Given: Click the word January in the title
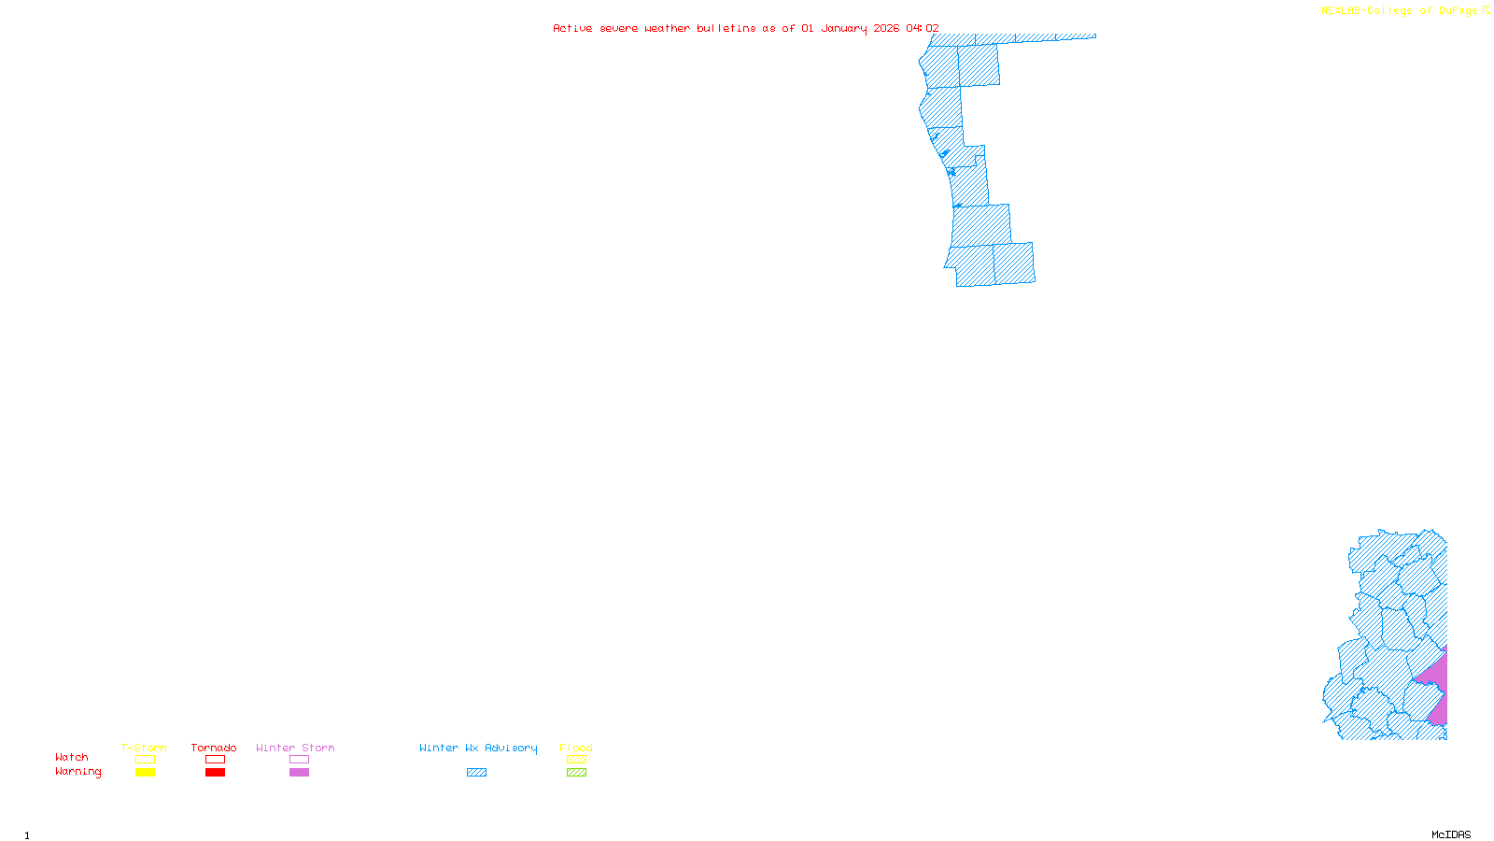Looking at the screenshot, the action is pos(844,29).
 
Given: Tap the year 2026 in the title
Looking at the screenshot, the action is pos(886,29).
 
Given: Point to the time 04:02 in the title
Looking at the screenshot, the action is pos(923,29).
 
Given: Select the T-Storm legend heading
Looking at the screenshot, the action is pos(144,748).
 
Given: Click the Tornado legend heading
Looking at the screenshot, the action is pos(214,748).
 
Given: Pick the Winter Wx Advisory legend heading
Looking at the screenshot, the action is pos(478,748).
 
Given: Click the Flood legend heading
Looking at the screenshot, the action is pos(576,748).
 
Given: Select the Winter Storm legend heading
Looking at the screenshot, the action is pos(295,748).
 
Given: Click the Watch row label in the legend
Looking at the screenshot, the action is pos(72,757).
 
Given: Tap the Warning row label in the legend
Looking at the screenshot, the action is pos(78,772).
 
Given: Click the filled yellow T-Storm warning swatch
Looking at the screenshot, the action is pos(145,773).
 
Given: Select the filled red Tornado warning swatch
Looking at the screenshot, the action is pos(215,773).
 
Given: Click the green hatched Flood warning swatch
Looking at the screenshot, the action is pos(576,773).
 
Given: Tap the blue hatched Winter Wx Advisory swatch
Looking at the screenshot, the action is pos(476,773).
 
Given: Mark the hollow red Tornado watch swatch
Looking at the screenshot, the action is pos(215,760).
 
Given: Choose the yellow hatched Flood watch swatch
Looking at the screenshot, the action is pos(576,760).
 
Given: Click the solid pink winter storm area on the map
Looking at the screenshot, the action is pos(1436,687).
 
